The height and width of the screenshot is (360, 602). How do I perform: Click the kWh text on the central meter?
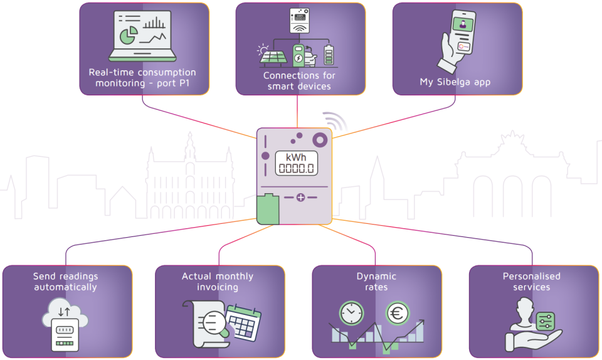(x=296, y=157)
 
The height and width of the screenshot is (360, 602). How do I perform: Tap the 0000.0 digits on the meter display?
(x=296, y=168)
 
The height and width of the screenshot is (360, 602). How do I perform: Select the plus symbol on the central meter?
(x=300, y=198)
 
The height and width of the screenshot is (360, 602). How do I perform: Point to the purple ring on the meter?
(x=320, y=140)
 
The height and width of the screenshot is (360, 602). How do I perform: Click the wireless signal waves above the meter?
(x=335, y=121)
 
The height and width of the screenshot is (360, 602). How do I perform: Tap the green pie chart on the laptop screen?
(x=129, y=35)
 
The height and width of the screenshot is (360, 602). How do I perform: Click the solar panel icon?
(x=273, y=56)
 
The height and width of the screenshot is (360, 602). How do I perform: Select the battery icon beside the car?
(x=329, y=55)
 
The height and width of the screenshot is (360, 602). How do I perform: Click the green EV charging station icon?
(x=298, y=55)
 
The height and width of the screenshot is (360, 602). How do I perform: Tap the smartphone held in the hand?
(x=462, y=32)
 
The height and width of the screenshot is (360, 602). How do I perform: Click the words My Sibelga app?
(x=455, y=82)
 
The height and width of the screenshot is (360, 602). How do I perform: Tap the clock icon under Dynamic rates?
(x=351, y=313)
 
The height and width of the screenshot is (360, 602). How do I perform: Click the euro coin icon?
(x=398, y=313)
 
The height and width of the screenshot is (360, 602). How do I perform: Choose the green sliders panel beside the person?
(x=545, y=321)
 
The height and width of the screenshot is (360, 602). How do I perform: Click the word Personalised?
(x=531, y=276)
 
